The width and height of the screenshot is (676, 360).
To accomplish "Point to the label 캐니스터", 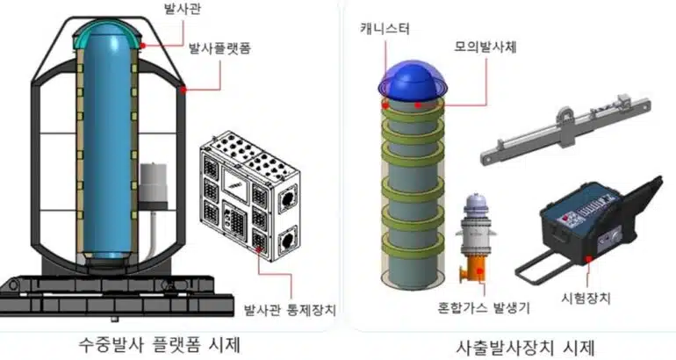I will click(x=385, y=29).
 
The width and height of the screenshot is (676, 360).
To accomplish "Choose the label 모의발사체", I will click(x=485, y=46).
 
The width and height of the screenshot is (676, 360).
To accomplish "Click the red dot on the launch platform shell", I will click(x=183, y=88).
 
